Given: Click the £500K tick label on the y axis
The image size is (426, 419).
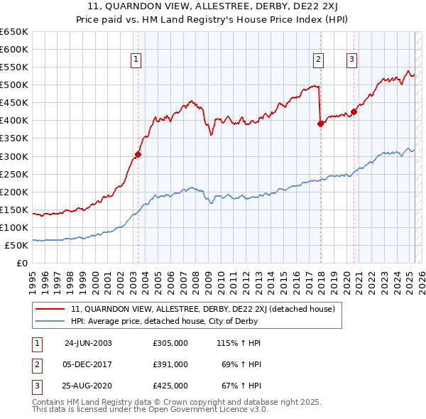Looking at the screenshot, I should point(14,85).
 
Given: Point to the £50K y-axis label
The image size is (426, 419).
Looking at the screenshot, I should point(16,245).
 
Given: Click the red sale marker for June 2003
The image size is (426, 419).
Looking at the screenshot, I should point(138,154).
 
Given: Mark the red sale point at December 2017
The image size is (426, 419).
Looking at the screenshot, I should point(320,124).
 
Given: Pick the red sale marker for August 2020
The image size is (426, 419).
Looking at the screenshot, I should point(354,111).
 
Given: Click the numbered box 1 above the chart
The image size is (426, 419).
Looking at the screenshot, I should point(136,60).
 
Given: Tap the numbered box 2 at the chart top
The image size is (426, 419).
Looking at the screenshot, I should point(319,60).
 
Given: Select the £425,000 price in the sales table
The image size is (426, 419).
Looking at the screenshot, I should point(170,386).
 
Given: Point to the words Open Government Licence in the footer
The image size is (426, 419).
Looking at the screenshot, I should point(209,410).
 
